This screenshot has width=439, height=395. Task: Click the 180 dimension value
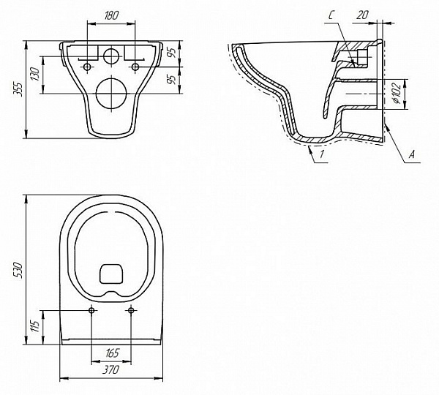coord(111,15)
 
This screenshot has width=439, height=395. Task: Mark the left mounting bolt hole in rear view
coord(89,67)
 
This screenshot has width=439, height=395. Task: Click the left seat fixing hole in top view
coord(91,311)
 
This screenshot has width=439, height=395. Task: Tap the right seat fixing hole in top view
coord(132,311)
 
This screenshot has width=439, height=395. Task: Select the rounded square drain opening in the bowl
coord(111,273)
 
